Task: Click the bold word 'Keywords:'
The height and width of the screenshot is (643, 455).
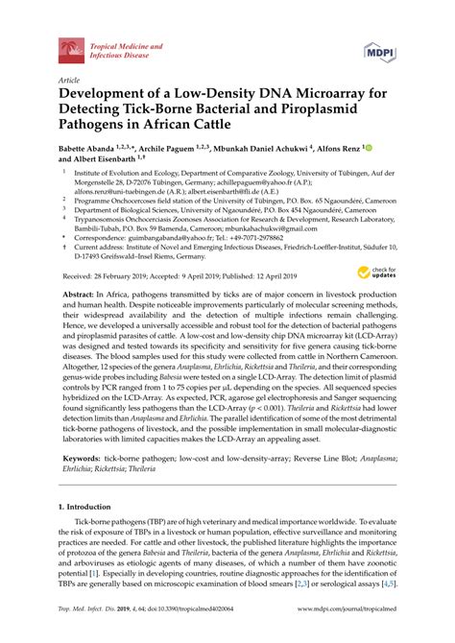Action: click(x=84, y=459)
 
